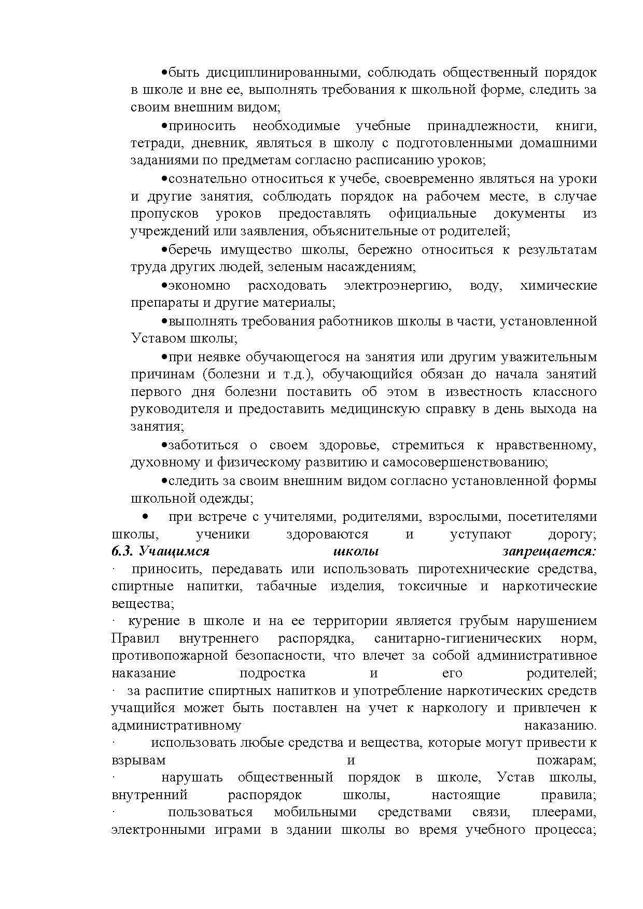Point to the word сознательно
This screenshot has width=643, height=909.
coord(207,179)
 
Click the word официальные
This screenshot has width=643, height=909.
coord(432,214)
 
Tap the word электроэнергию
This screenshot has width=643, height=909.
coord(397,286)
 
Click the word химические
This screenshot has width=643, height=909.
coord(558,286)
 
